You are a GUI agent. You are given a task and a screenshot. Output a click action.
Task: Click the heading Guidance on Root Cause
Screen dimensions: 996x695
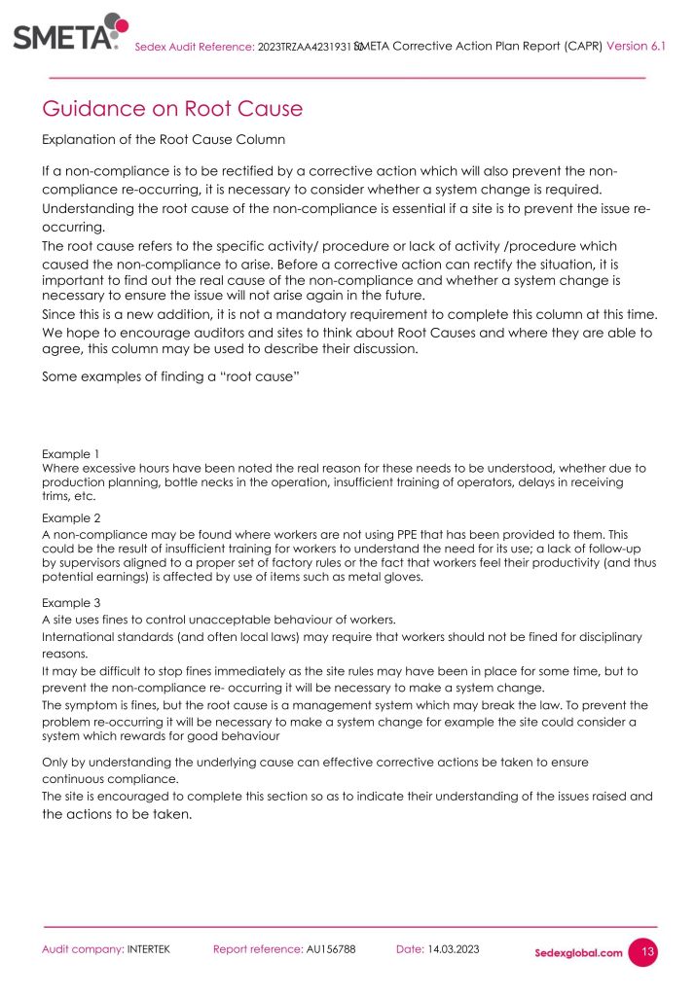(171, 108)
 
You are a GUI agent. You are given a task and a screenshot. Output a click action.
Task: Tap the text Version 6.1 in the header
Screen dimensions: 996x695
(636, 45)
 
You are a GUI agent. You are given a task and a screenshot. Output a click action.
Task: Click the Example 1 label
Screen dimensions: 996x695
(70, 454)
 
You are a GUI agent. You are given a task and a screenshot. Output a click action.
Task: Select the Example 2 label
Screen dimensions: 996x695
(70, 518)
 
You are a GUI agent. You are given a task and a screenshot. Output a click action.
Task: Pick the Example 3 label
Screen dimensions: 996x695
(70, 603)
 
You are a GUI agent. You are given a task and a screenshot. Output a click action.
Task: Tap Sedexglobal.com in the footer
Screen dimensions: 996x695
(578, 952)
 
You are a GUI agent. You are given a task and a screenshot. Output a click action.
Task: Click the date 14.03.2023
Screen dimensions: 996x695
(454, 948)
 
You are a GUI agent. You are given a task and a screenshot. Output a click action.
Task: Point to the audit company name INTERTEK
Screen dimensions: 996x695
(148, 948)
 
